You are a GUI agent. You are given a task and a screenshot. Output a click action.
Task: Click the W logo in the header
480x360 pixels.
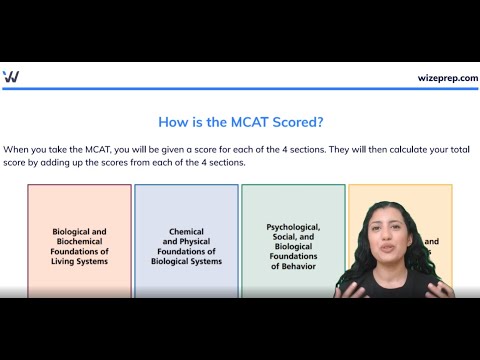11,77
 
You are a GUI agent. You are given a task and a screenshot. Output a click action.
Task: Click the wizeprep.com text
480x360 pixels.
447,78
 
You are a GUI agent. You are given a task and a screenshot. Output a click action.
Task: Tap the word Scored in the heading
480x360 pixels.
295,123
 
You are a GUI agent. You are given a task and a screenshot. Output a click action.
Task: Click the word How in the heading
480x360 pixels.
173,123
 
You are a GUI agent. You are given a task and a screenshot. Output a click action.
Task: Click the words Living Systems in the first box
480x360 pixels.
79,262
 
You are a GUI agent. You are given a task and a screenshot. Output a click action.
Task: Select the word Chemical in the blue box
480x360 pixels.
186,231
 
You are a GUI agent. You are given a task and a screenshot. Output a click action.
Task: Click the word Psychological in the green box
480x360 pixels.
293,227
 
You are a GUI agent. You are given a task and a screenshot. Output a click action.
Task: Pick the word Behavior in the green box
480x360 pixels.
293,266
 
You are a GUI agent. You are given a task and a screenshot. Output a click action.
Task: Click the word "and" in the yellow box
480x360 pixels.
432,241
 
